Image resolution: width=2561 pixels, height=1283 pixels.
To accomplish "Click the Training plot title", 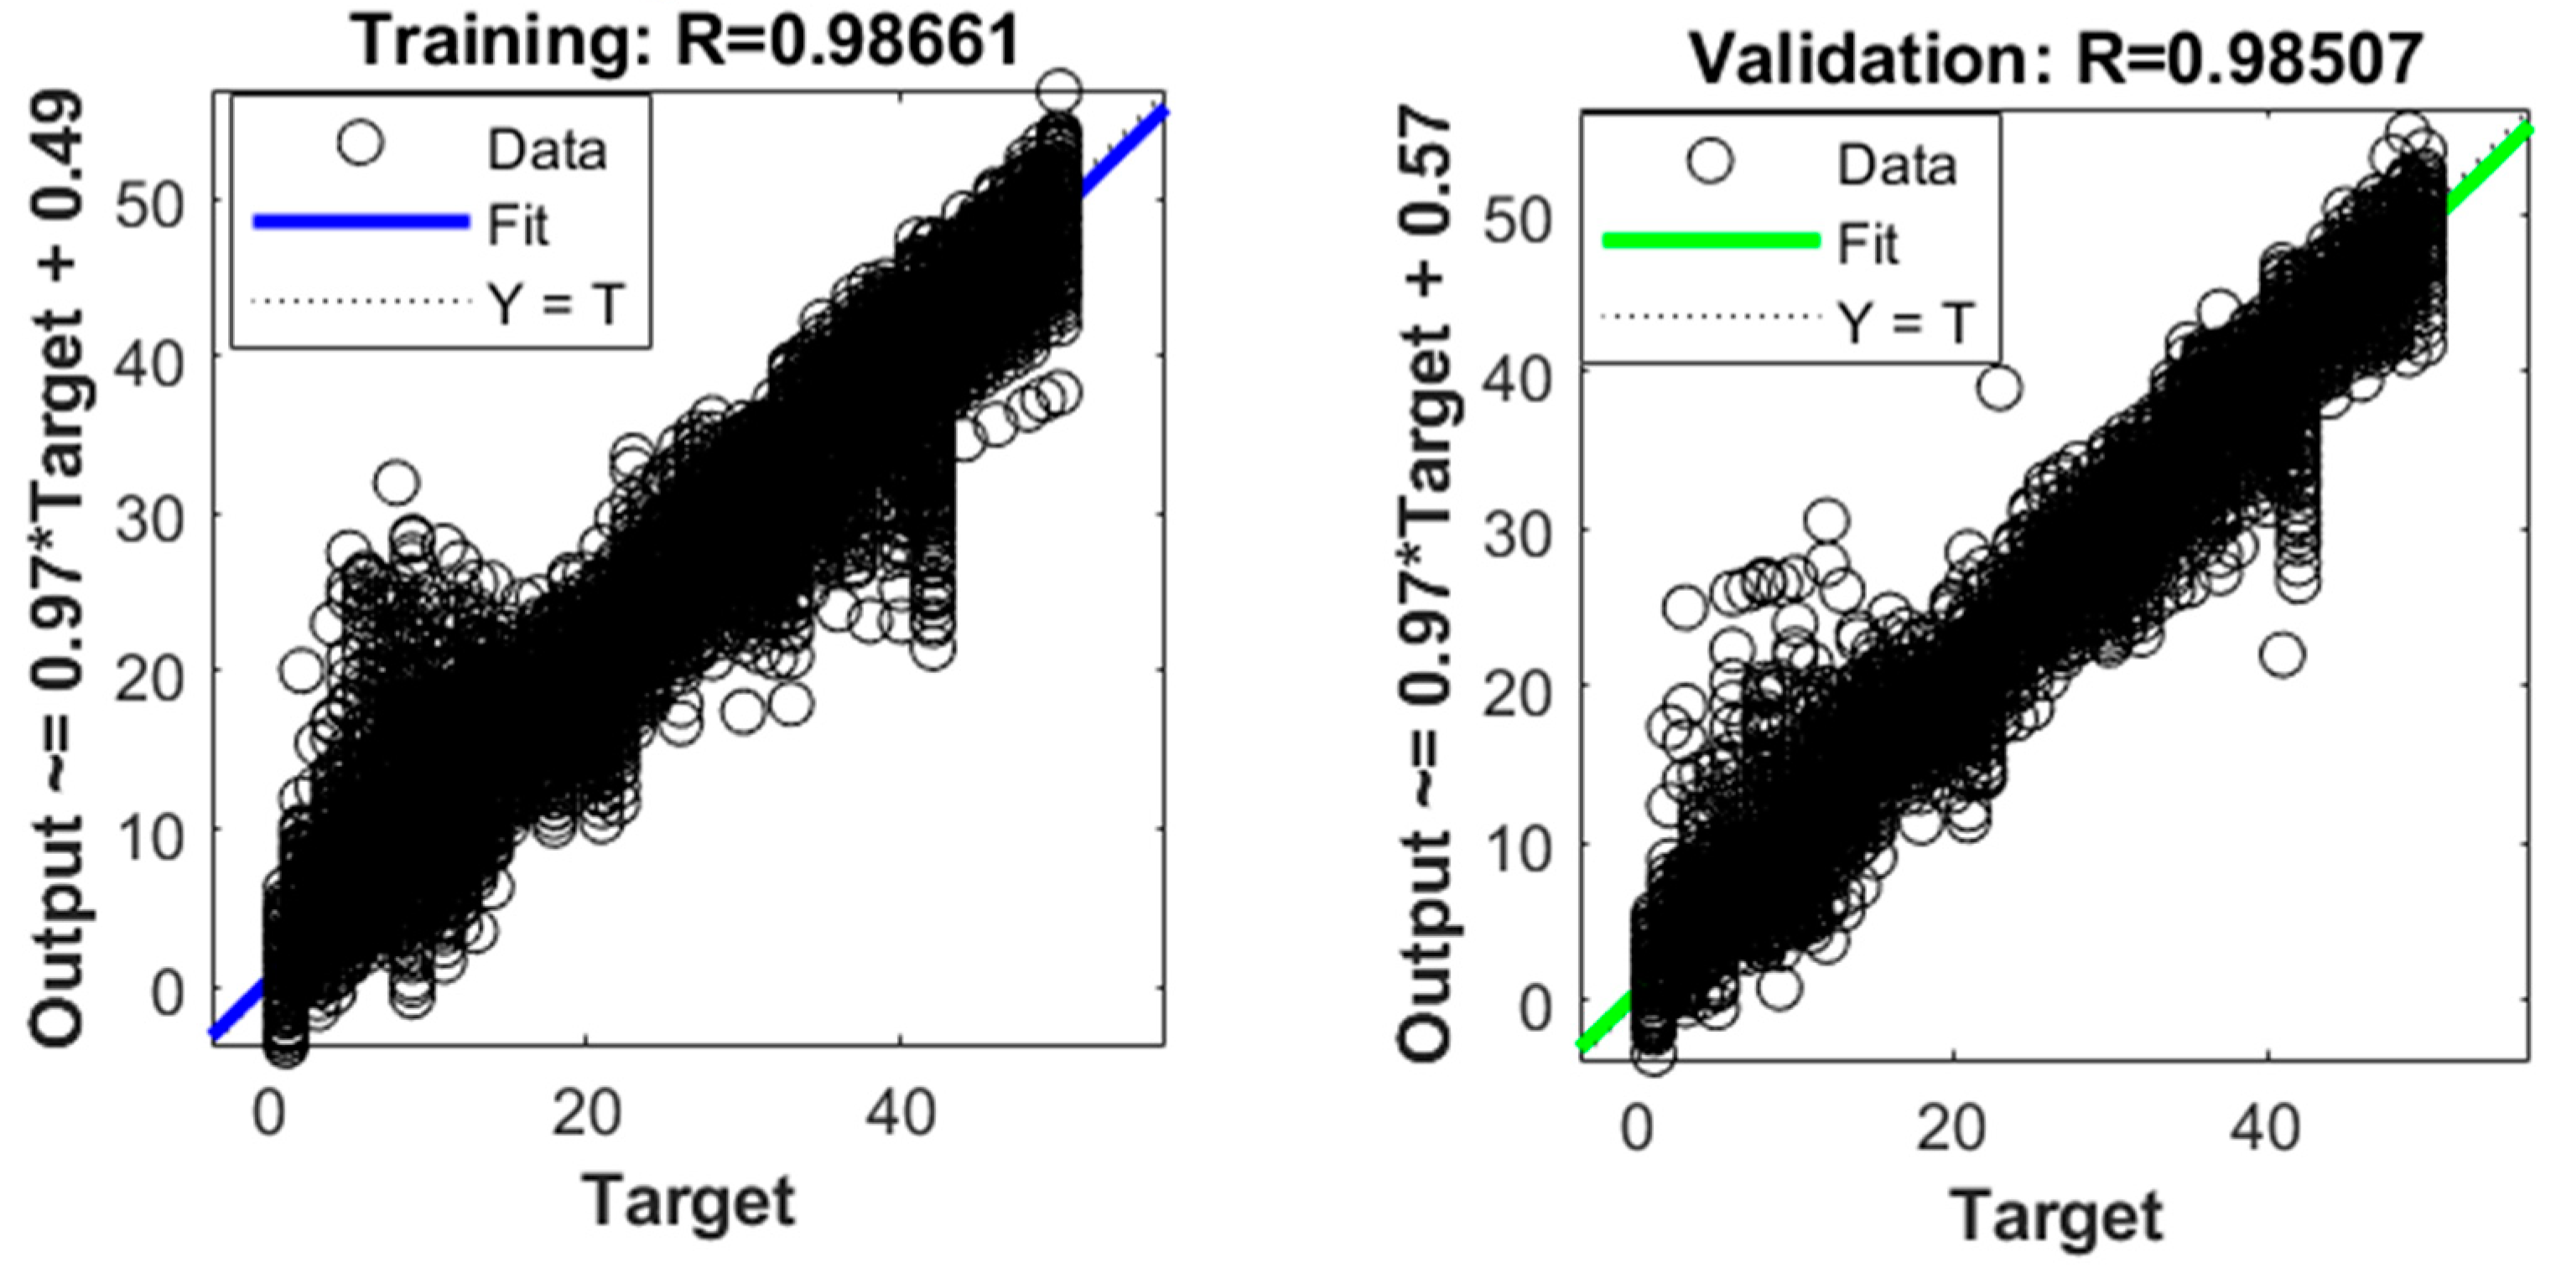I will (x=686, y=42).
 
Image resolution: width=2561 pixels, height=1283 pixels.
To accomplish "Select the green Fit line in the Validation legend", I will (x=1710, y=241).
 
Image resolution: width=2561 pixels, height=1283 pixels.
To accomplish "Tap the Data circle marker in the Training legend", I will (x=360, y=144).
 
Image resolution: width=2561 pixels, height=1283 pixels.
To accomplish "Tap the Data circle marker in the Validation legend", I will (x=1710, y=161).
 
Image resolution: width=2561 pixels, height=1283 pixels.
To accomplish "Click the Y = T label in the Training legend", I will (x=555, y=303).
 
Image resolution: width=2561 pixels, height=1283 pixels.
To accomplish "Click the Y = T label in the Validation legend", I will (x=1904, y=321).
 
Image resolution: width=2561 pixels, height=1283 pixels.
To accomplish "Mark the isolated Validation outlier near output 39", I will (x=1998, y=388).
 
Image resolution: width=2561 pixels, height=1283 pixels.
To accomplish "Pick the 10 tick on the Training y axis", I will (x=150, y=837).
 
